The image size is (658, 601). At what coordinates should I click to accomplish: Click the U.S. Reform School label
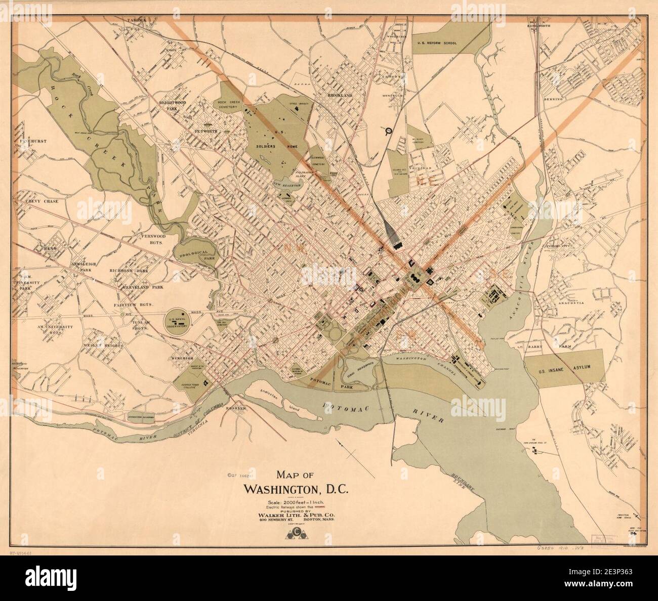pyautogui.click(x=436, y=44)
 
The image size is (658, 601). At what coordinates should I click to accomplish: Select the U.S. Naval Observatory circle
pyautogui.click(x=177, y=319)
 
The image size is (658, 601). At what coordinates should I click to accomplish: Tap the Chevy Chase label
pyautogui.click(x=42, y=201)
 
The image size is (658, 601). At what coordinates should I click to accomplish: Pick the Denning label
pyautogui.click(x=553, y=99)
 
